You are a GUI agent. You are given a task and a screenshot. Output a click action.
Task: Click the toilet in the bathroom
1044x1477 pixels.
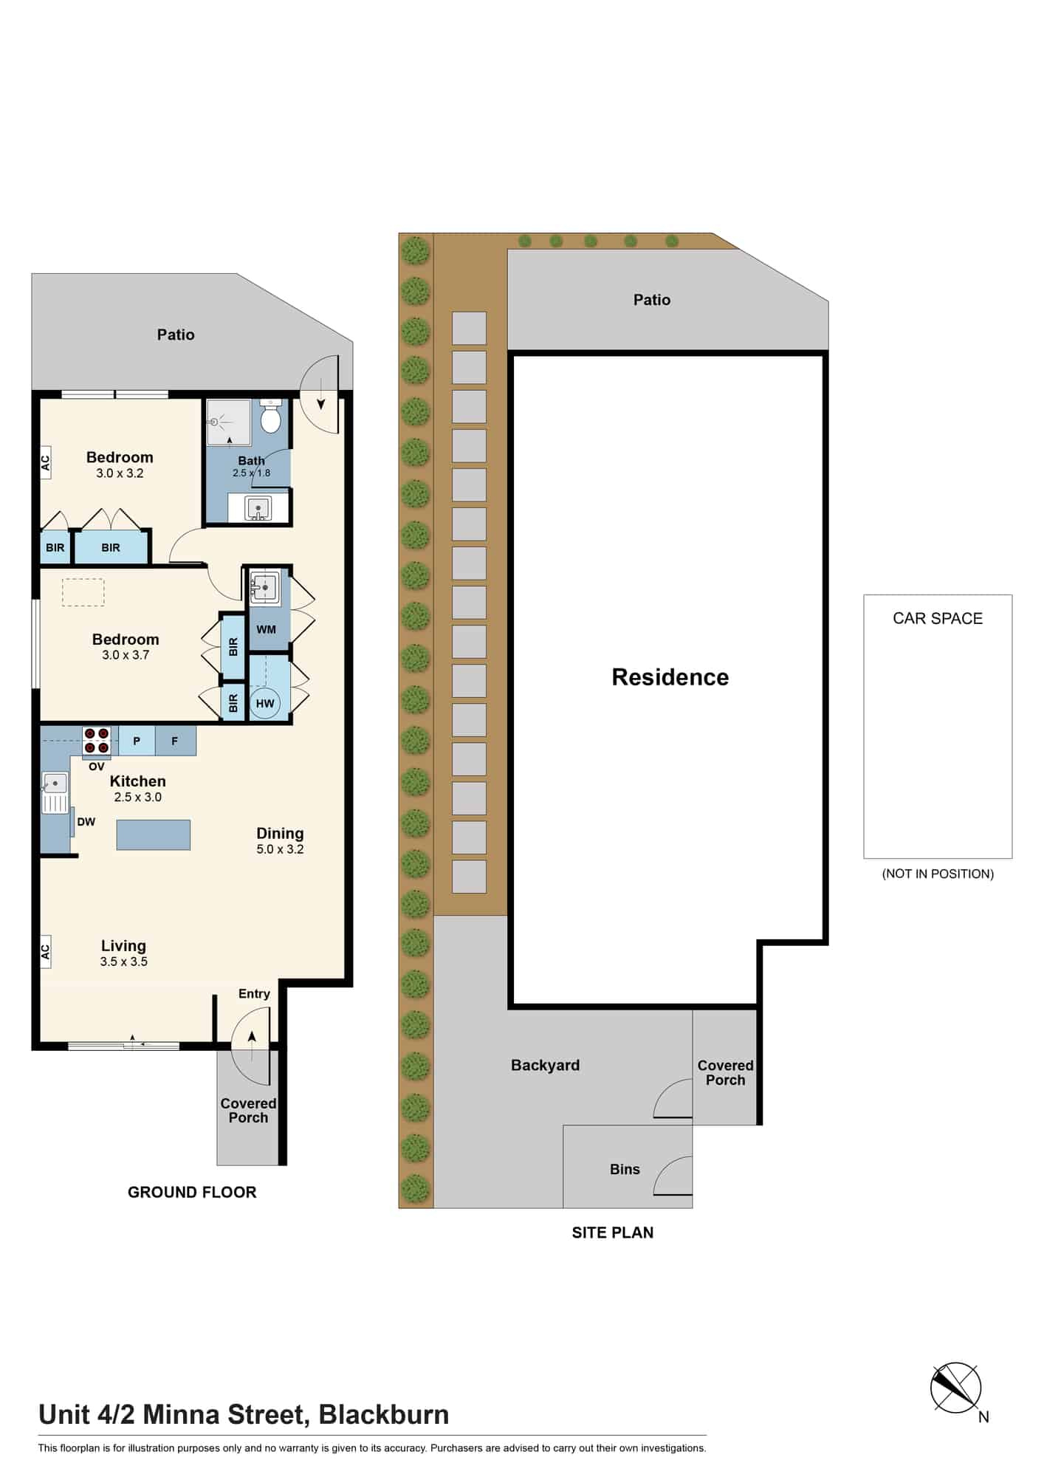[x=271, y=417]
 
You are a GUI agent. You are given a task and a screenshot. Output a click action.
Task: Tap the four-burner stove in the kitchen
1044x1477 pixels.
[x=97, y=741]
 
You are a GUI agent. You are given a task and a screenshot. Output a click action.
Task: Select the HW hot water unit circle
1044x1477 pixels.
[x=265, y=704]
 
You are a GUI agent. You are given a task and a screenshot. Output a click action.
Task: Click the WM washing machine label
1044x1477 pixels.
[x=266, y=630]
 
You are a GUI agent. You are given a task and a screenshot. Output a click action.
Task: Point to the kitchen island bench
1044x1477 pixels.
[x=154, y=835]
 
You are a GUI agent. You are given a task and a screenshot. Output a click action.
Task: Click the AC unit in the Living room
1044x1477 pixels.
[x=45, y=953]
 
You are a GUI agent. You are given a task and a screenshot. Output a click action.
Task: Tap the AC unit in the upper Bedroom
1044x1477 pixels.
[x=45, y=463]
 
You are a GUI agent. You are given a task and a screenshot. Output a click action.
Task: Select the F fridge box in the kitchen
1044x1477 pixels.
[x=176, y=741]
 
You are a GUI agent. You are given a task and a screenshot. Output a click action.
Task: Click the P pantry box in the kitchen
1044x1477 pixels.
[x=137, y=741]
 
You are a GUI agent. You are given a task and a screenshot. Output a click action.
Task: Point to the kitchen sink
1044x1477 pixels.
[x=55, y=792]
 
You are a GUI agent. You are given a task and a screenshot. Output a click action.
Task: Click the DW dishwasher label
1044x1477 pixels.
[x=86, y=822]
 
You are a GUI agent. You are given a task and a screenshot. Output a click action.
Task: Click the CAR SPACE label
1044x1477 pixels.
[x=938, y=619]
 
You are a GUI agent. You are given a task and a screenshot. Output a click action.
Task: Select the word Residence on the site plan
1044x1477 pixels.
[x=670, y=677]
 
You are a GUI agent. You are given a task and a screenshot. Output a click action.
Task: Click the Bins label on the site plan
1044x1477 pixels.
[x=625, y=1169]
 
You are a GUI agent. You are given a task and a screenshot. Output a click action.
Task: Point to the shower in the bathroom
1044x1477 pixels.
[x=229, y=422]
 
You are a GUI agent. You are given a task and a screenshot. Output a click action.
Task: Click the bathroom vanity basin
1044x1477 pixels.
[x=258, y=509]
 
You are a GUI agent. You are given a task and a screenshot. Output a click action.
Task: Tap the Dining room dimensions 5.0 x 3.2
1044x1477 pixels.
[x=280, y=849]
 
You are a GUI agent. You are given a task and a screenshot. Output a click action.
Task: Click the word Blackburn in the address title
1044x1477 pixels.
[x=384, y=1415]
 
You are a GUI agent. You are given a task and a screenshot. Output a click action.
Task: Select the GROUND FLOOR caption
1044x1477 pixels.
[x=192, y=1192]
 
